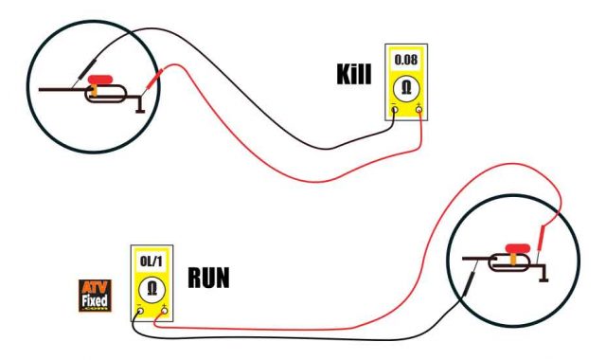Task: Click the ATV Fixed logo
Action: (95, 295)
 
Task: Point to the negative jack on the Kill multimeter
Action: (398, 109)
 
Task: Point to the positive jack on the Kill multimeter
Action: (419, 109)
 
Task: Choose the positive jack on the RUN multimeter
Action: (164, 310)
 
